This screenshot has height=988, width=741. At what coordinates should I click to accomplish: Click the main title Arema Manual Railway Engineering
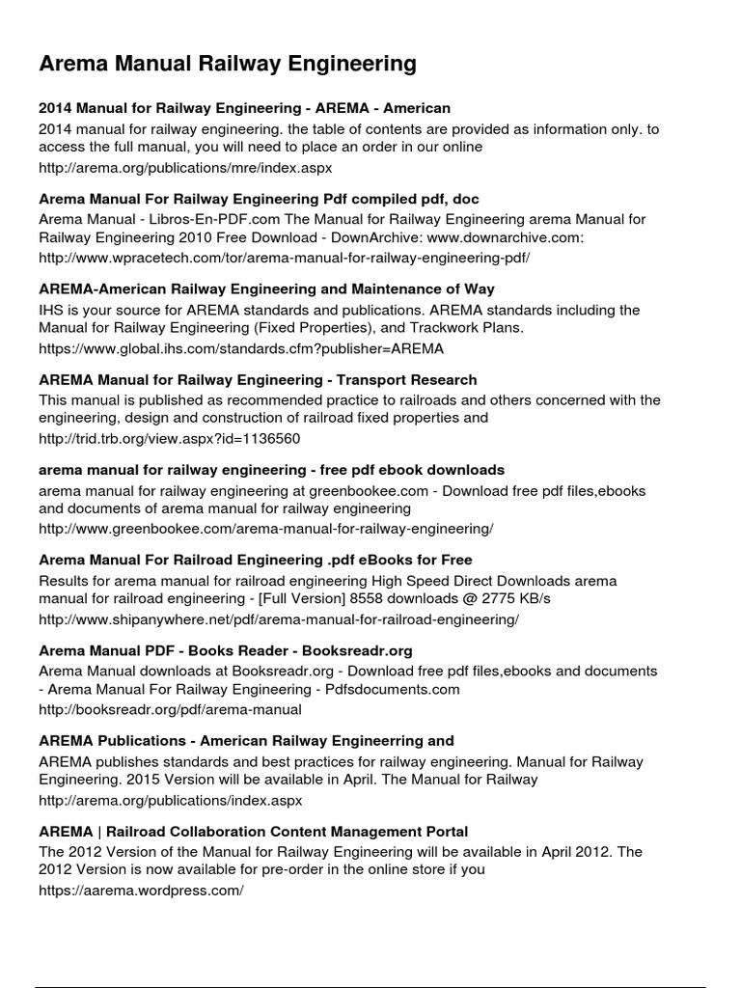(x=228, y=65)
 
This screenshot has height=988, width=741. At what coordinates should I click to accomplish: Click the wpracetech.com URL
(x=284, y=258)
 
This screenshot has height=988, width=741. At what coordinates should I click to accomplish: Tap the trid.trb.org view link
(x=170, y=439)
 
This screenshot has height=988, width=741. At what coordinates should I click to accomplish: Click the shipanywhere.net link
(x=279, y=619)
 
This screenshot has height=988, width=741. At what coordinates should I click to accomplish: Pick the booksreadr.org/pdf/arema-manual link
(x=170, y=710)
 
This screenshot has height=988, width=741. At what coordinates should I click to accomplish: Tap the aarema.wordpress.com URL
(x=141, y=892)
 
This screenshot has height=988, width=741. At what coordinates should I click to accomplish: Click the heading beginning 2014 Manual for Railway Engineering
(x=245, y=108)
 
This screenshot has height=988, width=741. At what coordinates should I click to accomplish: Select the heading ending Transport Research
(x=258, y=380)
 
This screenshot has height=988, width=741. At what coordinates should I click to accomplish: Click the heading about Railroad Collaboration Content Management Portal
(x=254, y=832)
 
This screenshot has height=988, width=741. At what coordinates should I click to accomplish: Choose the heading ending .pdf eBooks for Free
(x=256, y=561)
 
